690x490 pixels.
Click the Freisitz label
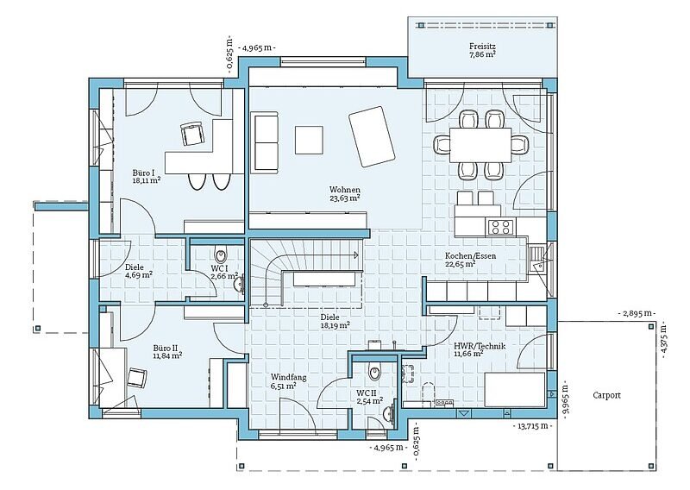coord(483,47)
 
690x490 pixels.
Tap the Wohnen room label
coord(345,190)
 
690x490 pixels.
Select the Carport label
coord(607,395)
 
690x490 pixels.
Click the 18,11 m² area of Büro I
coord(146,180)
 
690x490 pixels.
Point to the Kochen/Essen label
coord(464,256)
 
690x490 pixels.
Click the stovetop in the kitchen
coord(501,227)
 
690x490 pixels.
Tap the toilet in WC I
coord(221,254)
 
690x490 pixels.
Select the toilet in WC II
coord(375,373)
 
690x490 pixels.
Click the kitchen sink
coord(537,260)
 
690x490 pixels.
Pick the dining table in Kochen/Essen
coord(480,145)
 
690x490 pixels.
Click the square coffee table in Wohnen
coord(309,140)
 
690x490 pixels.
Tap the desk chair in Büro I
coord(192,134)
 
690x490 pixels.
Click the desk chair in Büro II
coord(137,378)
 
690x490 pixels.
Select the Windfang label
coord(288,377)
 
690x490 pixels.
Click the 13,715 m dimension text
coord(533,425)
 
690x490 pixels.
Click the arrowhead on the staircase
coord(356,254)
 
